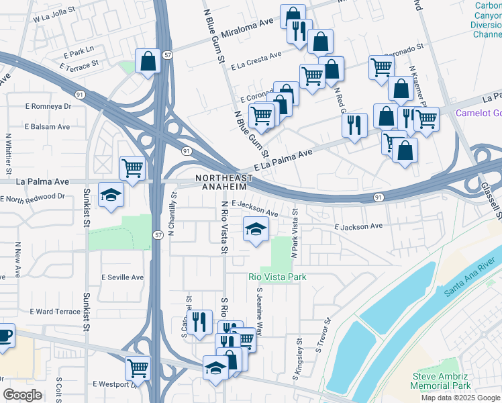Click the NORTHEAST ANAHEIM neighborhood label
[x=224, y=182]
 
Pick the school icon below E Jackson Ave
[x=255, y=230]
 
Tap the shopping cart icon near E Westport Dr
[x=138, y=367]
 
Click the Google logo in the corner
[x=22, y=395]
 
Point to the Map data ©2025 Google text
[x=461, y=398]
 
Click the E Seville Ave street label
[x=123, y=277]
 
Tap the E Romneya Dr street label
[x=48, y=106]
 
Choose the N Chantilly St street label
[x=172, y=214]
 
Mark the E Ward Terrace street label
[x=56, y=312]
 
